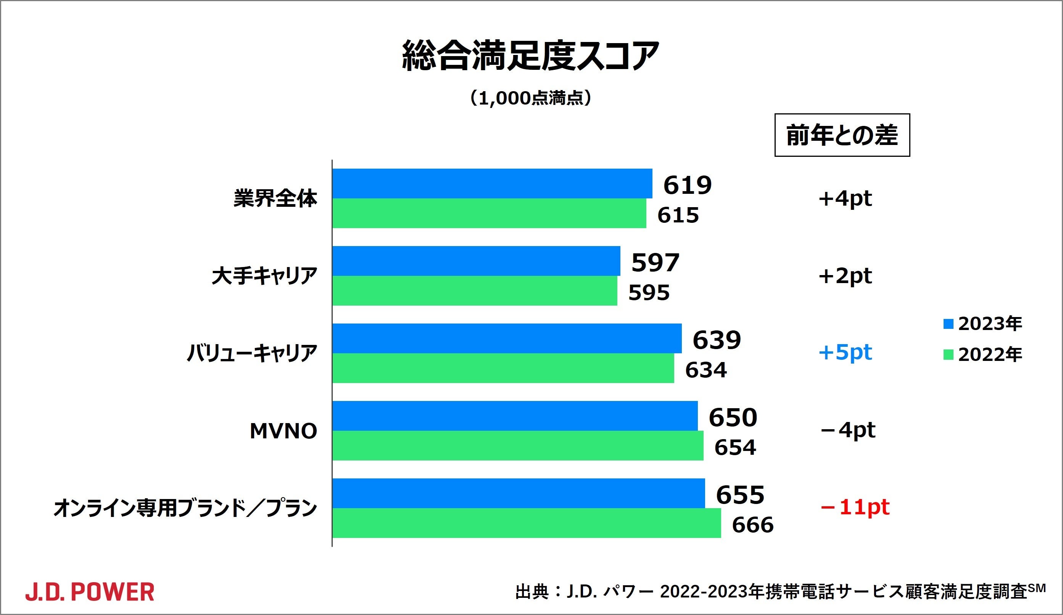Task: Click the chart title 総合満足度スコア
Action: click(x=531, y=56)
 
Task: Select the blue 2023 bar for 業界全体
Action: click(x=492, y=184)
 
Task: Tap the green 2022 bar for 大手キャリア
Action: click(x=475, y=291)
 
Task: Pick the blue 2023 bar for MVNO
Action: click(x=515, y=416)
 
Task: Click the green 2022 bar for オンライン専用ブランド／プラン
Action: click(x=527, y=523)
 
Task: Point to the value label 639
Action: click(x=717, y=340)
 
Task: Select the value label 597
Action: click(x=655, y=262)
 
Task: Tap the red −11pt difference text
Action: click(x=855, y=507)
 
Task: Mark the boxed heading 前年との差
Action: click(x=842, y=135)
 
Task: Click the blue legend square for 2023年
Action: click(x=948, y=324)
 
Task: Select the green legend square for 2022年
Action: click(x=948, y=355)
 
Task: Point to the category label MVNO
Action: click(x=283, y=431)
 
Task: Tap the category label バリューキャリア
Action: click(x=252, y=354)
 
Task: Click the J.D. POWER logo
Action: click(x=90, y=592)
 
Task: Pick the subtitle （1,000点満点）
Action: click(x=531, y=98)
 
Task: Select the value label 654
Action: click(x=735, y=448)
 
